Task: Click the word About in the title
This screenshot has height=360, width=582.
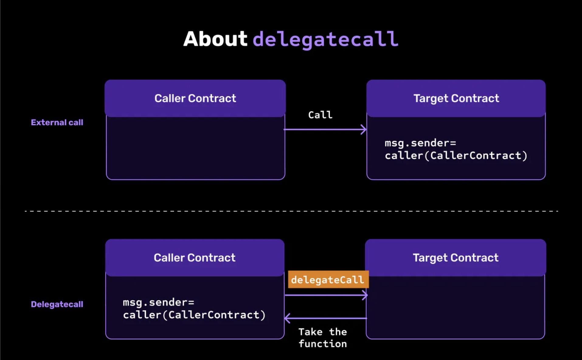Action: pos(215,39)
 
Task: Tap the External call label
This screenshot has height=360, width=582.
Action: pos(57,122)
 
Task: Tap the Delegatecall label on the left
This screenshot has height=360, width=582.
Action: pos(57,304)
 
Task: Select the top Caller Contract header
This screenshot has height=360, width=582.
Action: pos(195,98)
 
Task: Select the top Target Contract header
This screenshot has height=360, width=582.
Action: pos(456,98)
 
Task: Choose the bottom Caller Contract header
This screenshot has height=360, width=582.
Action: pos(195,258)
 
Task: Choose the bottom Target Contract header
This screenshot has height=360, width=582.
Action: pos(456,258)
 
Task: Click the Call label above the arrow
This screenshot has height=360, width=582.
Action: pos(320,115)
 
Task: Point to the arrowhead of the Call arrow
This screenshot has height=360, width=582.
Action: pos(364,130)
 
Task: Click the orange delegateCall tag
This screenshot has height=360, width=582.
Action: pos(328,279)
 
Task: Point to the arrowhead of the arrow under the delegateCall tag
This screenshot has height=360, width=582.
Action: pos(365,295)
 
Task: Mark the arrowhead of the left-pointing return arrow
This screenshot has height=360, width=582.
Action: pos(287,318)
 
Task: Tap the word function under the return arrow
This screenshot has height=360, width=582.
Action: pos(323,344)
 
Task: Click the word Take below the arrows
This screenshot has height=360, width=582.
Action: pos(310,332)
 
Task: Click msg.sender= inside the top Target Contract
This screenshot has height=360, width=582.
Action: pos(420,143)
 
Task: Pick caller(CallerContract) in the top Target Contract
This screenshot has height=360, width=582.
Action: pos(456,156)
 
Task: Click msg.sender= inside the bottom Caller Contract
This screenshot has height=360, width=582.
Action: pos(158,302)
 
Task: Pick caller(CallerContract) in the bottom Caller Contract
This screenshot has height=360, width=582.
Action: pos(194,315)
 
